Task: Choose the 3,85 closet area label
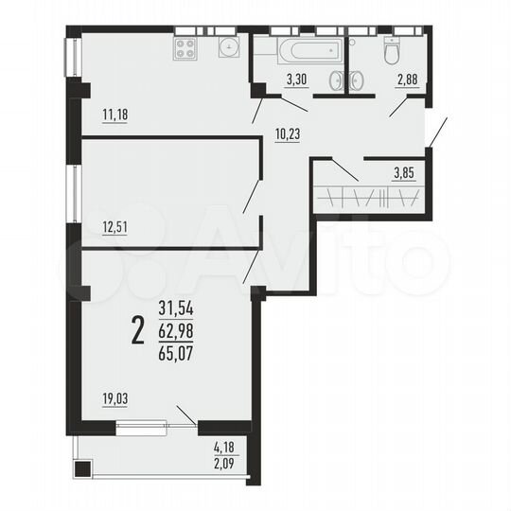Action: click(x=405, y=172)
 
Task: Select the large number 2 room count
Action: click(x=138, y=330)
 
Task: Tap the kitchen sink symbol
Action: click(x=228, y=48)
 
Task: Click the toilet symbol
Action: click(x=391, y=52)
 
